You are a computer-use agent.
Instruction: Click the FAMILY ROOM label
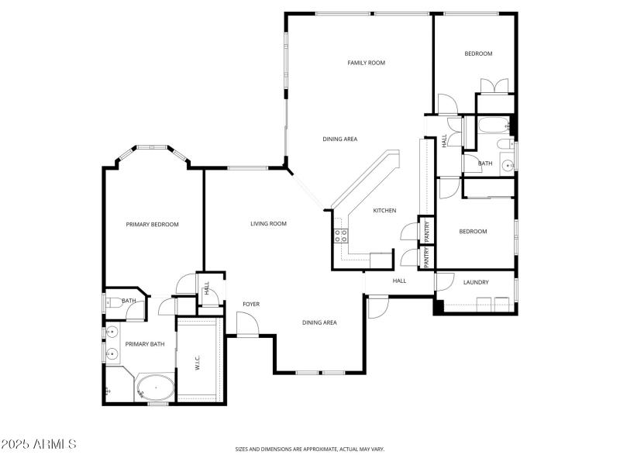(x=366, y=63)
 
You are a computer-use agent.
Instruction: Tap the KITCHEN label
(x=384, y=211)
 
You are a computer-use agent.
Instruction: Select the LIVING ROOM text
(x=268, y=224)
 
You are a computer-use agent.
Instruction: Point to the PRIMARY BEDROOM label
(x=152, y=225)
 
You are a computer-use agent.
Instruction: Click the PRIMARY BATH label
(x=145, y=344)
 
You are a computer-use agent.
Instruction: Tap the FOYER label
(x=250, y=304)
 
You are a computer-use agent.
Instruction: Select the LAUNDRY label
(x=476, y=282)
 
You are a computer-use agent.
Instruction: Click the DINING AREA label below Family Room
(x=339, y=139)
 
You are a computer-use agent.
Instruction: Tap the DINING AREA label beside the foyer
(x=319, y=322)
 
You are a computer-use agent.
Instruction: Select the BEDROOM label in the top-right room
(x=478, y=53)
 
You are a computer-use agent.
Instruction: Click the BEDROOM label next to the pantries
(x=473, y=232)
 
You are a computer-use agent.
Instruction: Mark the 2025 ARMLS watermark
(x=39, y=444)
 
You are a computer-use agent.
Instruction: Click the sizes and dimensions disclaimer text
(x=310, y=449)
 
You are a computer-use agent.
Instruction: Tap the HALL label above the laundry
(x=399, y=281)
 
